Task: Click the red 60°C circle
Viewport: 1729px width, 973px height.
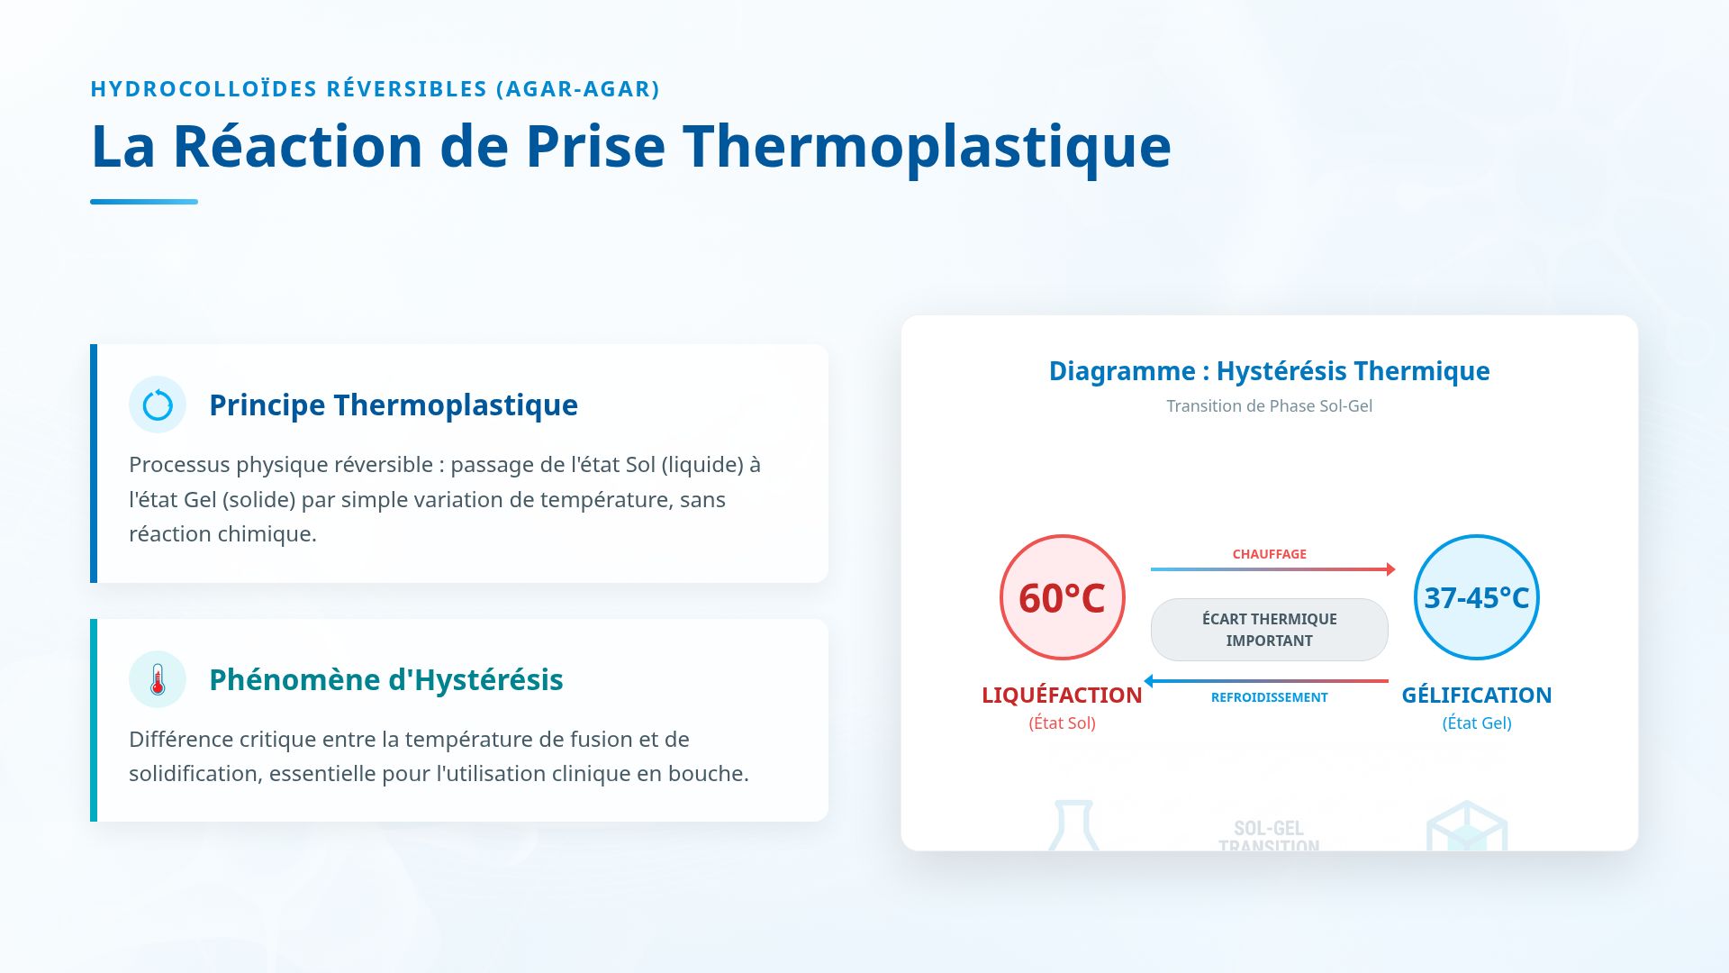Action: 1062,597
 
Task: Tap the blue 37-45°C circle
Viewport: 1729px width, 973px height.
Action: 1476,597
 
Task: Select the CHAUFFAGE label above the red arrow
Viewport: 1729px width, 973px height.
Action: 1269,554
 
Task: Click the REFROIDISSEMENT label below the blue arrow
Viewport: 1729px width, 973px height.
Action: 1269,697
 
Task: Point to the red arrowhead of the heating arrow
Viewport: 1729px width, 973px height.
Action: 1390,569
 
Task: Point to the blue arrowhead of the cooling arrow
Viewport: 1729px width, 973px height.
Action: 1149,681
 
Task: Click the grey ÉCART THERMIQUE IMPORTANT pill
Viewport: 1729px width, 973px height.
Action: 1269,630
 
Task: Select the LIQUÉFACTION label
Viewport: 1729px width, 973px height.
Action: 1062,696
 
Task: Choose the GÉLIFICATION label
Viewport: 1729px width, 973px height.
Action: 1476,696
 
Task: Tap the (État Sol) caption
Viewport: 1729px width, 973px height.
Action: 1062,723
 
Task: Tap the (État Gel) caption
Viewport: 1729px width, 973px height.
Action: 1476,723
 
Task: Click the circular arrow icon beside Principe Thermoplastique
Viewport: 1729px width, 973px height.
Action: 158,405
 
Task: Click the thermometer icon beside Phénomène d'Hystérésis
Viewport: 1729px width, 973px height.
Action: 158,679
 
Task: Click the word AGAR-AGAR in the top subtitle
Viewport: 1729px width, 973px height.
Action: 578,89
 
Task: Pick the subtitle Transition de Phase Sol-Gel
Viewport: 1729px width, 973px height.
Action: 1269,406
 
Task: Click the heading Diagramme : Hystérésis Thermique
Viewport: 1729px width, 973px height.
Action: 1269,371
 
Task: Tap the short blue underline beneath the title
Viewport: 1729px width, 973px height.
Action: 144,202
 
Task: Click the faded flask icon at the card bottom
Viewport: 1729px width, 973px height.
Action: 1073,825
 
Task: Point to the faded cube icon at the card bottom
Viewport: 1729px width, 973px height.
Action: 1467,827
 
